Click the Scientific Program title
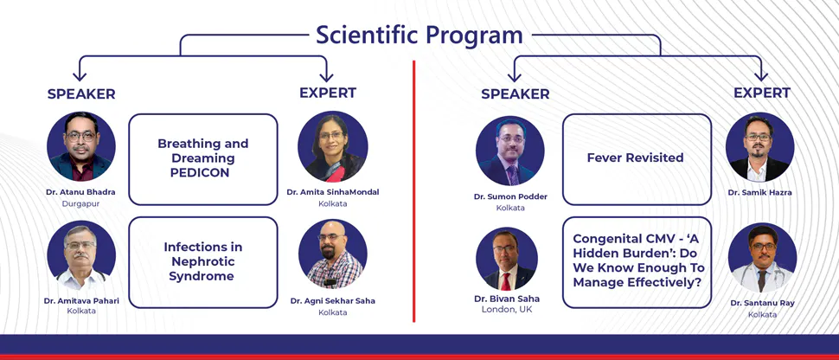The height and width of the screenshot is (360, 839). [419, 35]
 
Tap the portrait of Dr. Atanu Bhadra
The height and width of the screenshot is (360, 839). [81, 146]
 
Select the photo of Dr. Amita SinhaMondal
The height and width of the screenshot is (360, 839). [333, 146]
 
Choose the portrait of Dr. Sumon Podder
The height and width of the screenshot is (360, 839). [510, 151]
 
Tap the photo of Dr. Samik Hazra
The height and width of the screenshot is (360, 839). [759, 148]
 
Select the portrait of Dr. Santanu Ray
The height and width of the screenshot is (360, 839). [762, 258]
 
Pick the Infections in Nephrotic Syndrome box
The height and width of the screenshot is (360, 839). [203, 261]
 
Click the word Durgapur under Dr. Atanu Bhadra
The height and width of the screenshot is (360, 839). [81, 203]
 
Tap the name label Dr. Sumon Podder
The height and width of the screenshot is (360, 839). [510, 196]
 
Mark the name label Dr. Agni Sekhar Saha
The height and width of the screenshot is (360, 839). [333, 301]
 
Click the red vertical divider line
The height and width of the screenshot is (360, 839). [414, 190]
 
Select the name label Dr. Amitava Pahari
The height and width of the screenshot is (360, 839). [81, 300]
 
